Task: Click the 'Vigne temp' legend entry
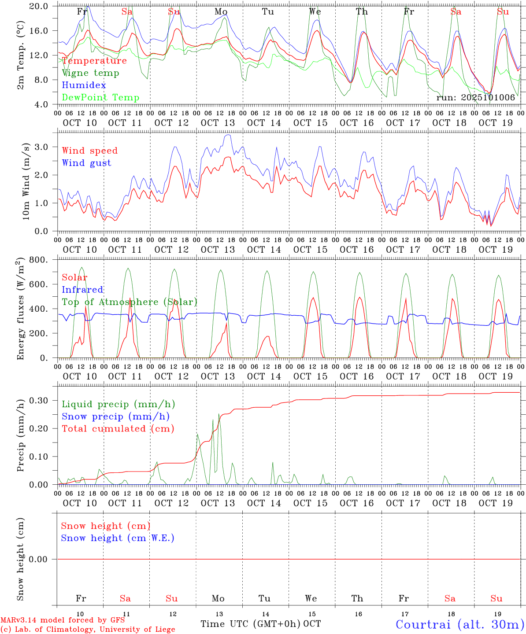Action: pos(90,73)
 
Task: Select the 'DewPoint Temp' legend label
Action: pos(100,98)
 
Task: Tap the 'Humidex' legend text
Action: pos(84,85)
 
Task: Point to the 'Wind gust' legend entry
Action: pos(86,163)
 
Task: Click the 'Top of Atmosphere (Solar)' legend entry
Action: pos(130,302)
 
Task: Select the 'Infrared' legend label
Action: pos(82,290)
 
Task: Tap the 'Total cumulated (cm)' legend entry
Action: pos(118,429)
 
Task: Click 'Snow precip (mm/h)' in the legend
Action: pos(115,417)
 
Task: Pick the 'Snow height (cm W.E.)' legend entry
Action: pos(118,538)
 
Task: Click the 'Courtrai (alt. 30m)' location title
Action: pos(460,624)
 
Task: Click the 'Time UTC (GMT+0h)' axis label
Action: pos(251,624)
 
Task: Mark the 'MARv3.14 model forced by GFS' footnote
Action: pos(63,620)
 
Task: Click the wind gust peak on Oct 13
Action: pos(228,135)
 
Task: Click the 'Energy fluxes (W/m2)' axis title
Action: pos(20,310)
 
